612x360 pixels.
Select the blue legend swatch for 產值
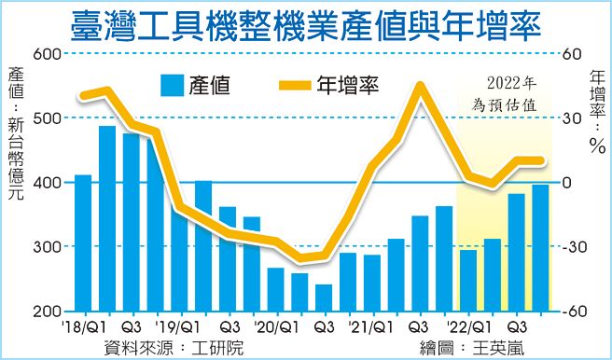click(169, 85)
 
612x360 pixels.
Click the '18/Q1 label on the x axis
click(83, 327)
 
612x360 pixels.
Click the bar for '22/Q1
click(467, 280)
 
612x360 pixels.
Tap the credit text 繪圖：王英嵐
click(469, 347)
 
